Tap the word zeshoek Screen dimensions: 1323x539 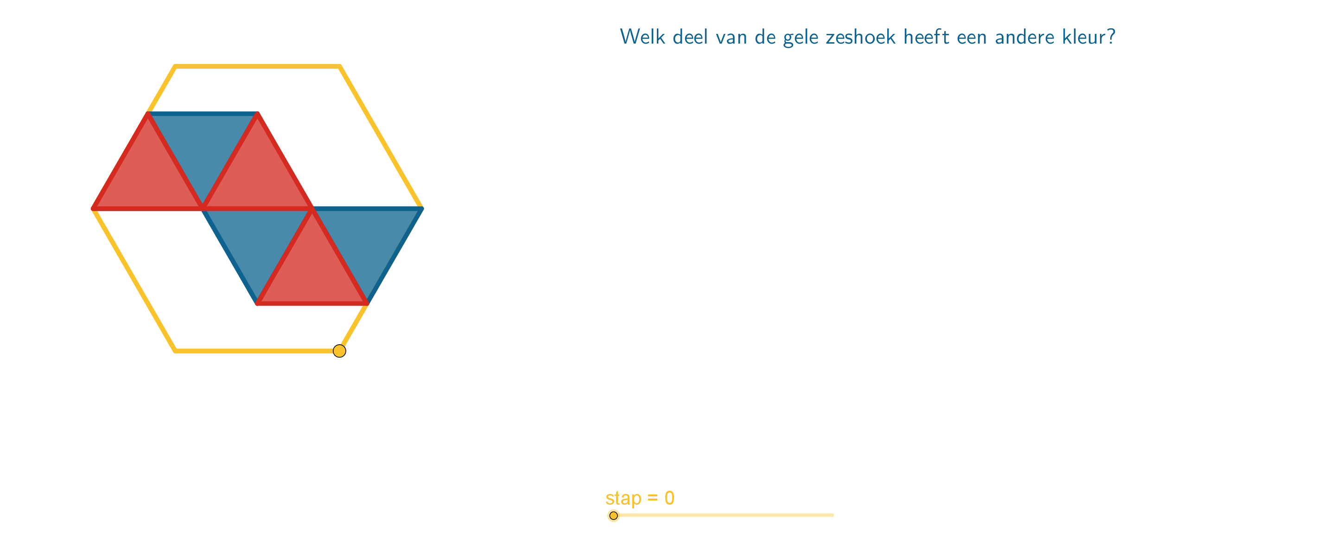[x=860, y=37]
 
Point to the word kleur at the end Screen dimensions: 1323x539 [x=1084, y=37]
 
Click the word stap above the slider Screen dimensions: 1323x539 [x=623, y=498]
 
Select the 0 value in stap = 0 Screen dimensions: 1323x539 [x=669, y=497]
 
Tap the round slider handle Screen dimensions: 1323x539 [x=614, y=515]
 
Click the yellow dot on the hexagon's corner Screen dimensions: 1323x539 [x=339, y=351]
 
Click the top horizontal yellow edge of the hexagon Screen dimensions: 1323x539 [x=257, y=66]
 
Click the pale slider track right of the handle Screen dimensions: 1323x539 [x=726, y=515]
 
